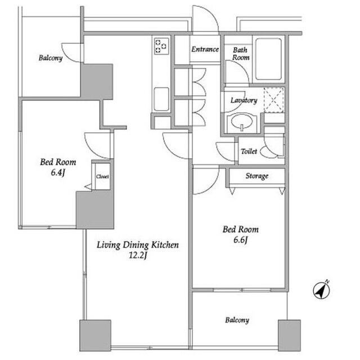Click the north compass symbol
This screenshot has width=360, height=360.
click(321, 290)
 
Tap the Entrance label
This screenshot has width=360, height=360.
click(205, 49)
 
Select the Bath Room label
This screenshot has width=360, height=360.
click(240, 53)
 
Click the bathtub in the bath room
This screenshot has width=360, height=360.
click(268, 59)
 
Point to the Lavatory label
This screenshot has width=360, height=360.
click(244, 100)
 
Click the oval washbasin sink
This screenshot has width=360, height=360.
click(241, 121)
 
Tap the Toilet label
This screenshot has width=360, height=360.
click(249, 151)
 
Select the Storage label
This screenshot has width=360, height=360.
click(257, 176)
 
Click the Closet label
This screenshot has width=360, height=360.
click(102, 177)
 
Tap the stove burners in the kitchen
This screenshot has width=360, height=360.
click(161, 46)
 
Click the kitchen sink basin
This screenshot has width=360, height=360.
click(161, 100)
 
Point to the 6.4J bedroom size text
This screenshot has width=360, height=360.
click(58, 173)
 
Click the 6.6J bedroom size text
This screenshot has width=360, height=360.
click(241, 240)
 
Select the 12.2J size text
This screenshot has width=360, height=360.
click(137, 255)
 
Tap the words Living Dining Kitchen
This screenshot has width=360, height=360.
click(137, 245)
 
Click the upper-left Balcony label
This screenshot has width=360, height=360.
click(51, 58)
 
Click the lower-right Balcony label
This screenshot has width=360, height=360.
click(237, 320)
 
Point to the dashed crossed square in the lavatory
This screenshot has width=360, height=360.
click(274, 100)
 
